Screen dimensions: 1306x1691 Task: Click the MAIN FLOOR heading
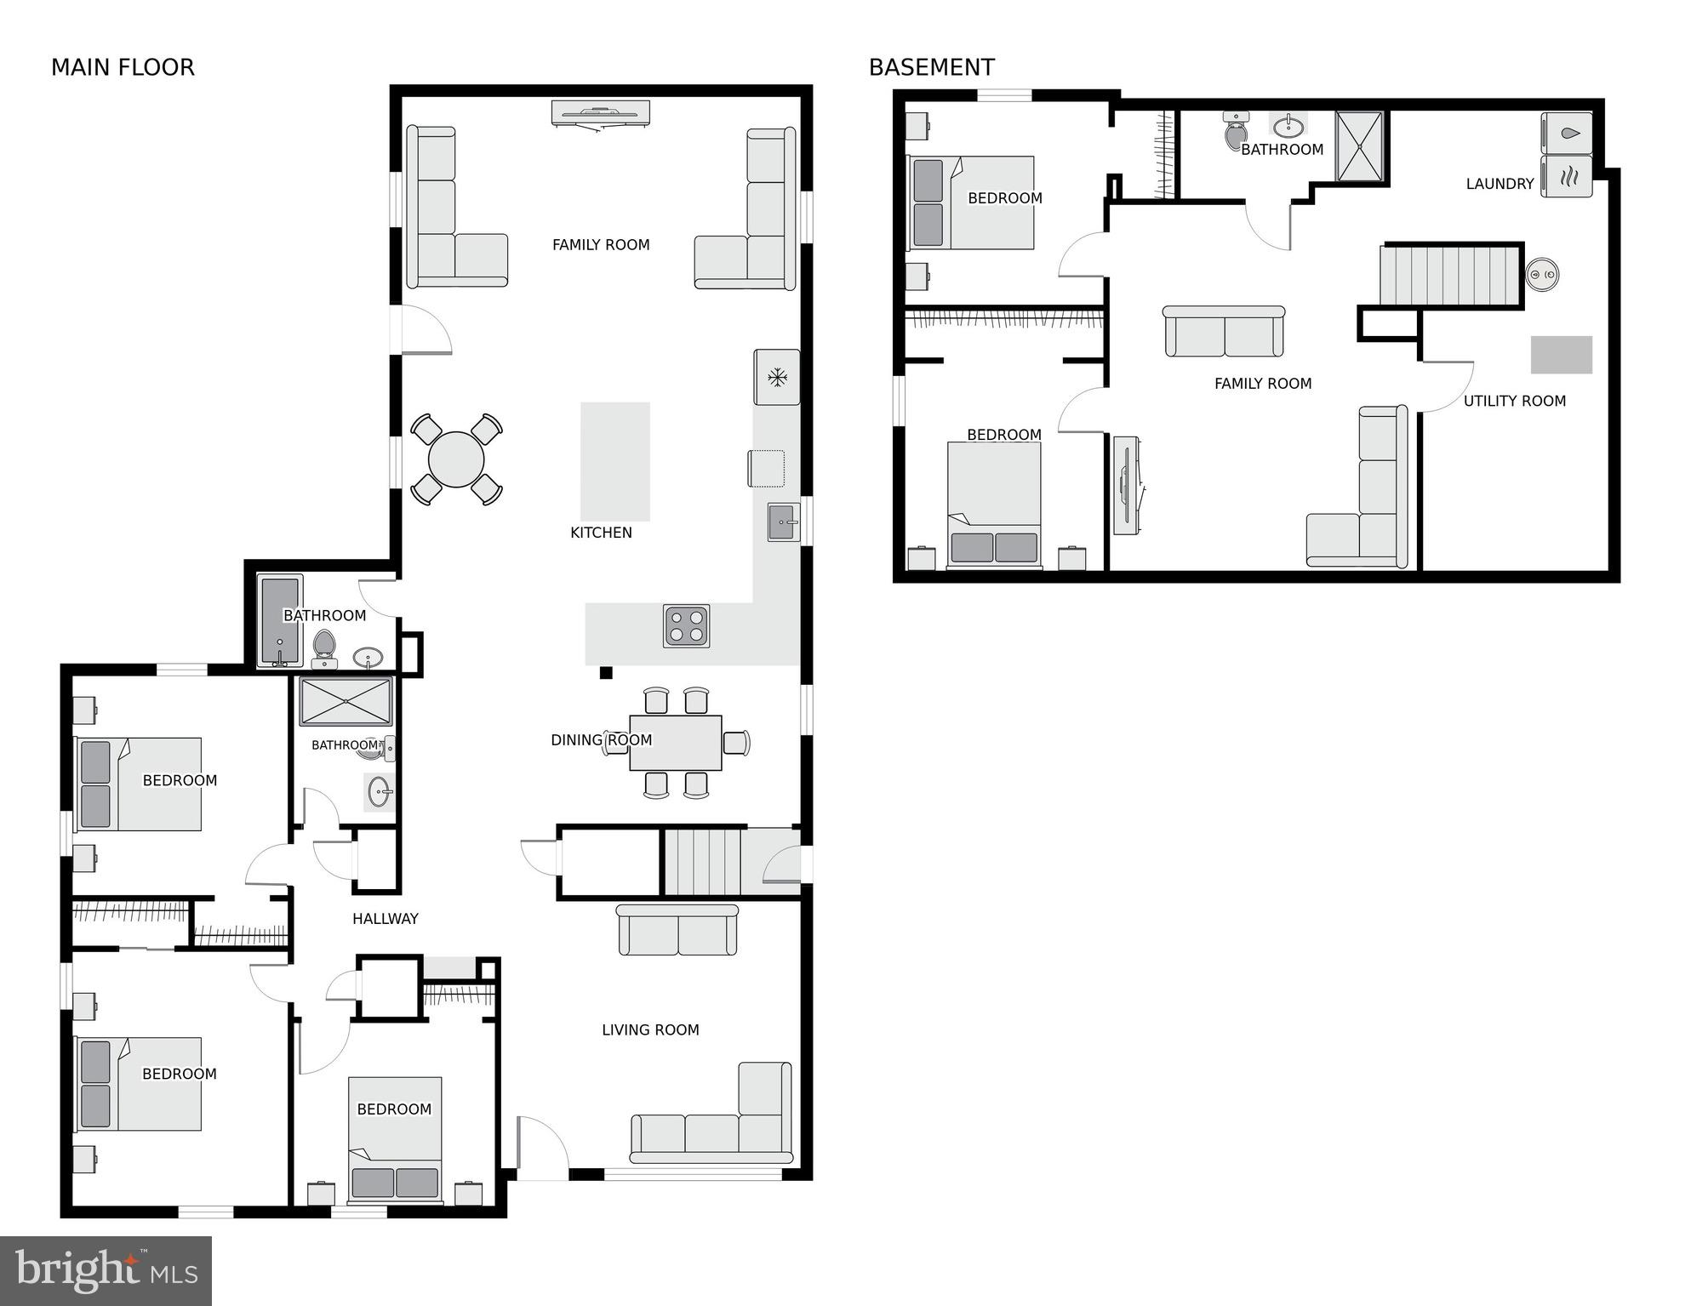[x=123, y=67]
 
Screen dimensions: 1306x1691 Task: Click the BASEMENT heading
[x=931, y=67]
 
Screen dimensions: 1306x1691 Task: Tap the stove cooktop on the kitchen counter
[x=686, y=626]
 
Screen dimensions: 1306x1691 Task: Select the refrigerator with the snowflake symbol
[x=776, y=377]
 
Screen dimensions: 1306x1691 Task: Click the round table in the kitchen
[x=456, y=459]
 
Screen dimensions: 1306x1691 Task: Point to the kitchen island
[x=614, y=461]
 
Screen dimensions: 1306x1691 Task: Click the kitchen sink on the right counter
[x=783, y=522]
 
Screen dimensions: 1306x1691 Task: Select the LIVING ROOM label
[x=650, y=1029]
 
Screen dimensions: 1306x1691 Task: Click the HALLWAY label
[x=385, y=918]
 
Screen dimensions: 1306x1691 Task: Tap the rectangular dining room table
[x=676, y=743]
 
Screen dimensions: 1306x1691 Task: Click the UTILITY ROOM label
[x=1514, y=401]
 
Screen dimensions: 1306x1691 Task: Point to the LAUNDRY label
[x=1500, y=184]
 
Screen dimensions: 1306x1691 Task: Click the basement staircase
[x=1450, y=275]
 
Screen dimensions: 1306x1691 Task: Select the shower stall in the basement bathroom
[x=1359, y=146]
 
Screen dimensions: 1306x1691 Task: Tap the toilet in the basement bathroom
[x=1236, y=132]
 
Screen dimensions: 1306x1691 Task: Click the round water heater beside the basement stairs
[x=1542, y=274]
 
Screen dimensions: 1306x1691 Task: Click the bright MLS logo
[x=106, y=1270]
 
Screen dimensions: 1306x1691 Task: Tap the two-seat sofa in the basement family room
[x=1224, y=332]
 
